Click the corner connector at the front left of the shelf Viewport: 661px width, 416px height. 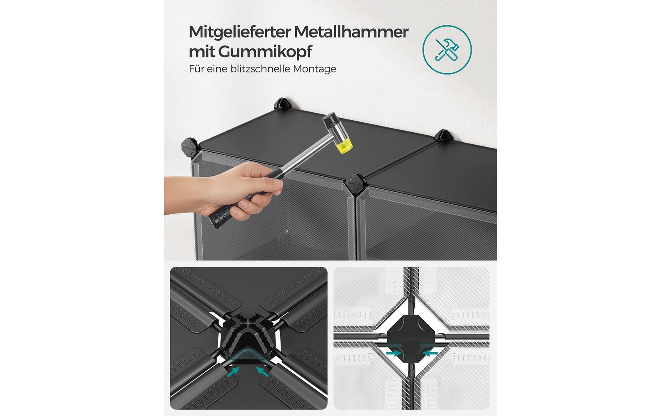pyautogui.click(x=190, y=146)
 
